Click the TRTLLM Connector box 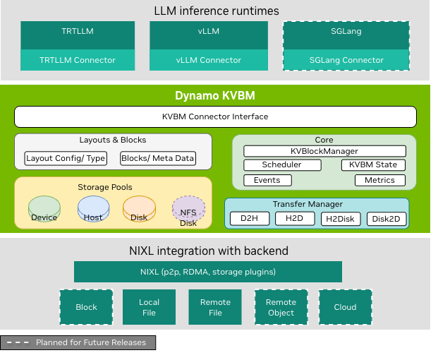pos(78,60)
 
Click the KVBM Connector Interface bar pos(215,116)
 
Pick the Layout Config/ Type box pos(66,158)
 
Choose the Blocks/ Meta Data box pos(158,158)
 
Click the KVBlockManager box pos(324,151)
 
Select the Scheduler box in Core pos(282,165)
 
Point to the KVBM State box pos(373,165)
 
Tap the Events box pos(267,180)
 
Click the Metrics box pos(379,180)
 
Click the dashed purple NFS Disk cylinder pos(188,210)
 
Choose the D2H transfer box pos(250,219)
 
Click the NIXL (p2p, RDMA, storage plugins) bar pos(208,272)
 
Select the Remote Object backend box pos(281,307)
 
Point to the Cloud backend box pos(346,307)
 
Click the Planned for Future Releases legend pos(78,343)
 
